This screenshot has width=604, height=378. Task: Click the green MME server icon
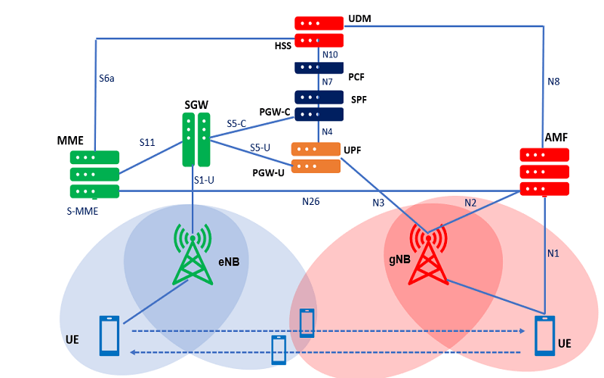click(x=95, y=174)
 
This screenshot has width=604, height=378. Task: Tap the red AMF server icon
click(x=544, y=171)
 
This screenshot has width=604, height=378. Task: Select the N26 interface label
click(x=311, y=202)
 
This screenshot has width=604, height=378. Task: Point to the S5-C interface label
click(x=237, y=122)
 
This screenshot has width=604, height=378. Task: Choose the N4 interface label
click(x=328, y=132)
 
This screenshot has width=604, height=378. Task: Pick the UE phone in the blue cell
click(x=109, y=336)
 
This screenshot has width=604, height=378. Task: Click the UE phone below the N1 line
click(x=545, y=336)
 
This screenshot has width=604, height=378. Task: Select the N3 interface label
click(x=380, y=203)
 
